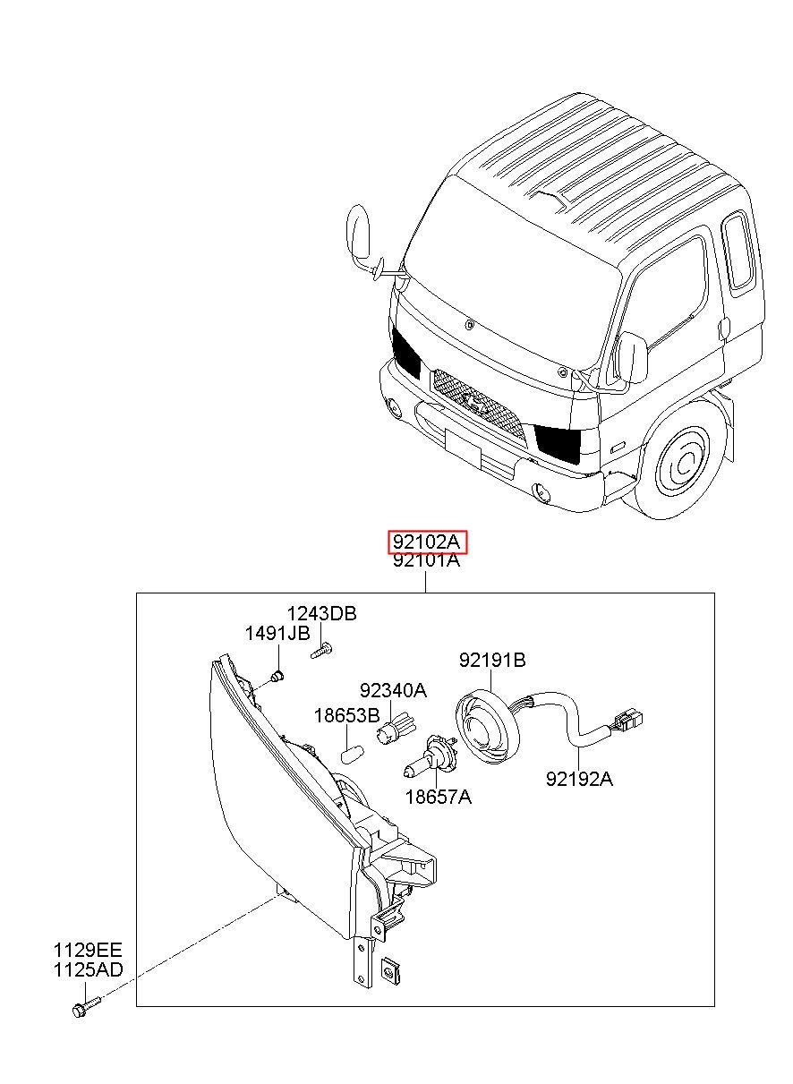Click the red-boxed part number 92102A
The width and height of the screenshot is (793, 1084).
(x=427, y=542)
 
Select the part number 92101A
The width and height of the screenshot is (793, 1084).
(x=426, y=561)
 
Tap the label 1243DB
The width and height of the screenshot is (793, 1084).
(x=321, y=613)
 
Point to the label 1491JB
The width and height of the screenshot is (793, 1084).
(x=277, y=634)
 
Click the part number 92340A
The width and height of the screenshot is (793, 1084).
(x=393, y=690)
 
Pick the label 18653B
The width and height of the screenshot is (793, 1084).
(x=346, y=715)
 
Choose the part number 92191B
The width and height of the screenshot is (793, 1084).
(x=492, y=661)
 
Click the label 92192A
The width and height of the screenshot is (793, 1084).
(x=579, y=779)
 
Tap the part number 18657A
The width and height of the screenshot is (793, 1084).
(x=438, y=796)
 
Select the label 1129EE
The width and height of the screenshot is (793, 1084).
(x=87, y=950)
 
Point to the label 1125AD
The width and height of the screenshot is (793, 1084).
(x=88, y=969)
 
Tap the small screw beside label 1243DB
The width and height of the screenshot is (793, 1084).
(x=322, y=651)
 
